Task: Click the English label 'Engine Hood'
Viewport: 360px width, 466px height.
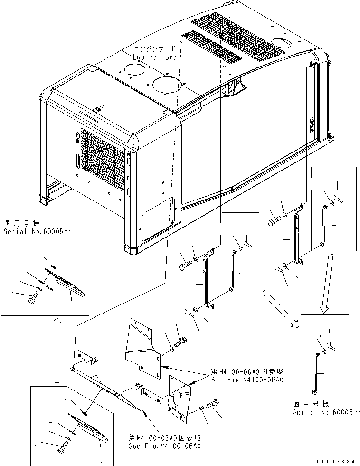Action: click(x=155, y=57)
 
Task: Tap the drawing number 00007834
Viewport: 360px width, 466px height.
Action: click(x=336, y=462)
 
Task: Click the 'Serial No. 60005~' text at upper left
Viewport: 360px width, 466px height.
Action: click(x=37, y=231)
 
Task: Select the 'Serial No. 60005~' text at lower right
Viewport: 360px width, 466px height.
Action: click(x=326, y=412)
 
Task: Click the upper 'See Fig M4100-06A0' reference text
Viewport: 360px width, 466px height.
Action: click(x=247, y=380)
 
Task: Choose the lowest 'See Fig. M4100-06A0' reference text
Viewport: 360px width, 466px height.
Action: click(x=164, y=446)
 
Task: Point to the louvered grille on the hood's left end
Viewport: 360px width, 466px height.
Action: click(x=103, y=156)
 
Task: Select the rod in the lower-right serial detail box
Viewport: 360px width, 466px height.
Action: click(x=315, y=373)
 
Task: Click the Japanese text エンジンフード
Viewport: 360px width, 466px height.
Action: click(x=154, y=49)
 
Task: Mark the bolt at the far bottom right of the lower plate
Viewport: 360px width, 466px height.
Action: click(x=212, y=404)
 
